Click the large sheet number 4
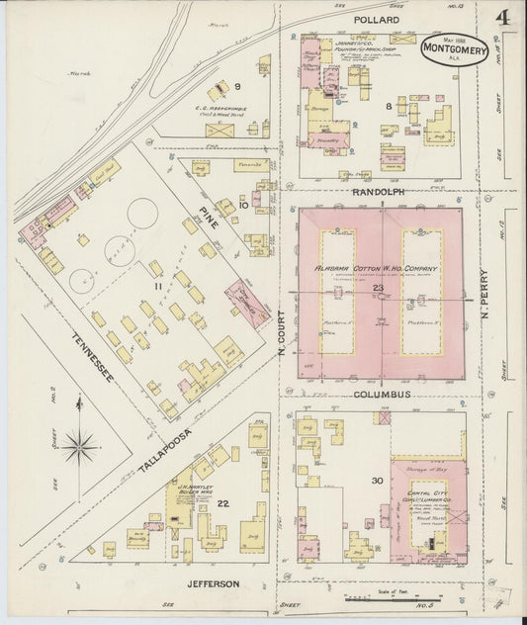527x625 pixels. coord(503,19)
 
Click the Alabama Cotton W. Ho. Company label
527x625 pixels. coord(376,269)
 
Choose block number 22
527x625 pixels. coord(222,504)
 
